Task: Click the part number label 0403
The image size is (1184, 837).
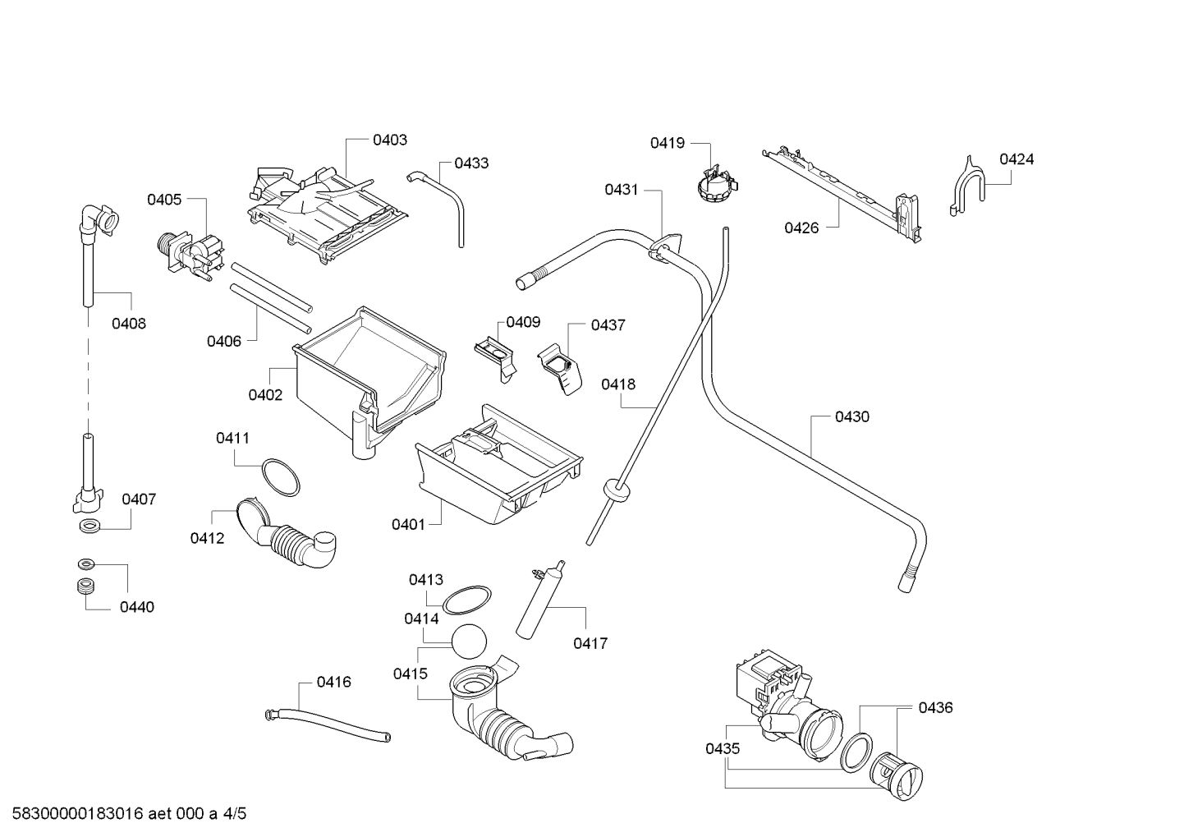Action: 390,140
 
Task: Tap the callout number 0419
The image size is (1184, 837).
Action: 667,143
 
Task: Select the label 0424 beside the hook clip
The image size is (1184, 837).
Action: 1016,159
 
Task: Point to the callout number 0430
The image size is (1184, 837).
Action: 852,417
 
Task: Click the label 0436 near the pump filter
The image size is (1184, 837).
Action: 935,708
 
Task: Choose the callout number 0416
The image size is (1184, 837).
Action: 333,683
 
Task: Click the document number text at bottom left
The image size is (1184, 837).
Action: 129,814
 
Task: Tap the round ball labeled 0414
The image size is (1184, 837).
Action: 469,641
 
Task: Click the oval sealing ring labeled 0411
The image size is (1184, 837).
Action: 281,477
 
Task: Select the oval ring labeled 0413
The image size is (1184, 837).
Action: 466,600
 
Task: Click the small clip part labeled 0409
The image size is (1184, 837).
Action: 496,358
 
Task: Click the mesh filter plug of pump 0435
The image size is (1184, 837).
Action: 897,776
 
